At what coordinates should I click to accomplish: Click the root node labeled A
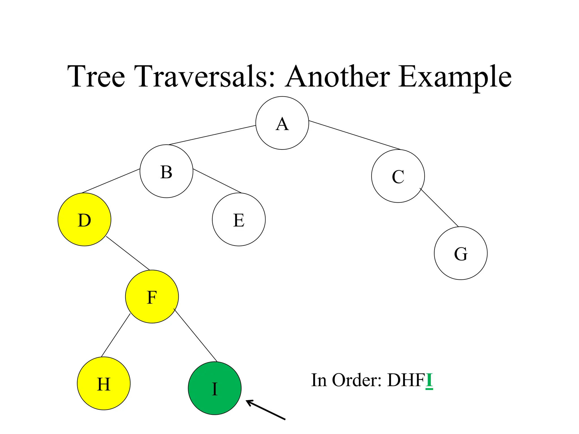pyautogui.click(x=282, y=123)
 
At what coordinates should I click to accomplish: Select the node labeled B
pyautogui.click(x=166, y=171)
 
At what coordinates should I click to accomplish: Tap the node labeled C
pyautogui.click(x=398, y=176)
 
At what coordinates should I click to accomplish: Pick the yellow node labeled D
pyautogui.click(x=84, y=220)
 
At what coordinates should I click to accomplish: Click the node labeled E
pyautogui.click(x=239, y=220)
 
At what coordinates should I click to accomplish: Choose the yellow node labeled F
pyautogui.click(x=152, y=297)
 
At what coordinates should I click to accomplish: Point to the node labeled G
pyautogui.click(x=461, y=253)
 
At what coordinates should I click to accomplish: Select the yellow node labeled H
pyautogui.click(x=103, y=383)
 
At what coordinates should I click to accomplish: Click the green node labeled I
pyautogui.click(x=215, y=388)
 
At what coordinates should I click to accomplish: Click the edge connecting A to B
pyautogui.click(x=212, y=135)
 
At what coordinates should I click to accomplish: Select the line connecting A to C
pyautogui.click(x=355, y=135)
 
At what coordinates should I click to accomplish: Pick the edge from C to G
pyautogui.click(x=439, y=207)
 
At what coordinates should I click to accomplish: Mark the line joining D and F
pyautogui.click(x=128, y=253)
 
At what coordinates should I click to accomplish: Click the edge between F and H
pyautogui.click(x=116, y=335)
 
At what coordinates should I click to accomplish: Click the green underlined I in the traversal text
pyautogui.click(x=429, y=380)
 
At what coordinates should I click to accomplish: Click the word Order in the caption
pyautogui.click(x=357, y=380)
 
